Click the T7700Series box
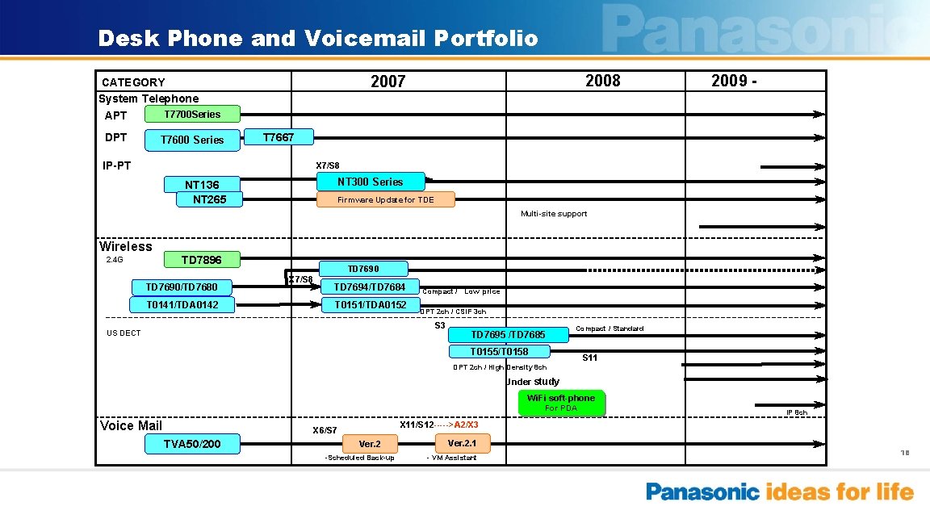click(193, 115)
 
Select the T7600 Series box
click(192, 140)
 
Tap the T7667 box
click(279, 138)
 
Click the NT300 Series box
click(370, 182)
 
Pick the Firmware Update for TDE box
click(385, 199)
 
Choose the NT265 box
click(209, 199)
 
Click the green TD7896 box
click(201, 260)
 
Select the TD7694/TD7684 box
click(370, 287)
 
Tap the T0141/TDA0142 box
click(182, 304)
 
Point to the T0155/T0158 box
click(499, 351)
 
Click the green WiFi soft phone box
click(561, 402)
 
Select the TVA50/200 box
click(192, 444)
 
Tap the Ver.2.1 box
click(467, 443)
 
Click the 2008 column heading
click(602, 81)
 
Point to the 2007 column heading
click(387, 82)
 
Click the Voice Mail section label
click(131, 425)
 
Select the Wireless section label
click(125, 246)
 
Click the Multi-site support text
click(554, 214)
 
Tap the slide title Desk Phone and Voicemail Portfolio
click(317, 38)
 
